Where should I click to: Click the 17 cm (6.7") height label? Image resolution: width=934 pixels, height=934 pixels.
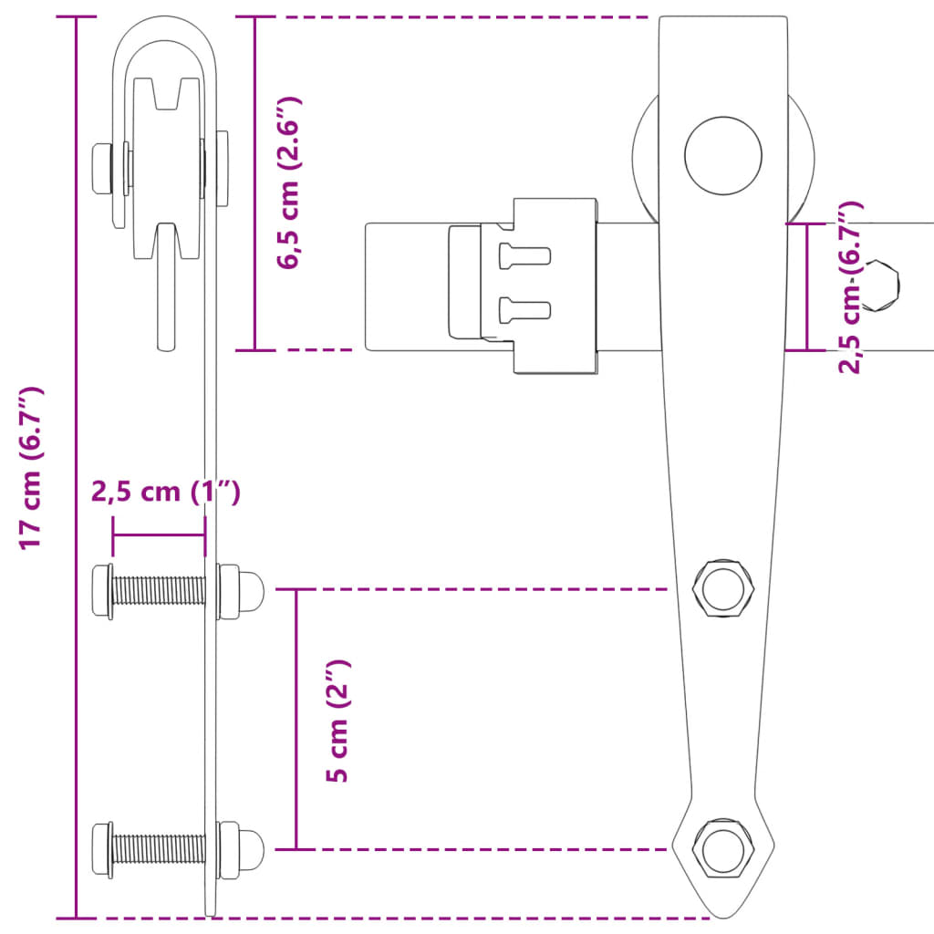(x=33, y=467)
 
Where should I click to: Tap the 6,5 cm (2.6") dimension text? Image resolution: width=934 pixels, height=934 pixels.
(x=290, y=182)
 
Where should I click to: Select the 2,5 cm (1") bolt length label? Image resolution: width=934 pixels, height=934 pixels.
(x=165, y=493)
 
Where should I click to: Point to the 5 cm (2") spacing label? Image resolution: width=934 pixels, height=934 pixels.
(x=338, y=721)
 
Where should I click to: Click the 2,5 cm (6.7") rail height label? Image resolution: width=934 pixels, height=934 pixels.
(x=850, y=288)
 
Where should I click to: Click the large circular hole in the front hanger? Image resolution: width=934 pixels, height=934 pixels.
(x=723, y=154)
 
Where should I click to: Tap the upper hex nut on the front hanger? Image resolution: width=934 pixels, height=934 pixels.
(x=723, y=589)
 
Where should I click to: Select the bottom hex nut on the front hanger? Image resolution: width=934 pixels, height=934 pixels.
(x=723, y=848)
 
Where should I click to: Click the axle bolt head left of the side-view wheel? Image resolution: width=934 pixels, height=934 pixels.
(x=100, y=168)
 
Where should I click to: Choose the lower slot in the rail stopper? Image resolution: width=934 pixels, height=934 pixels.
(x=524, y=310)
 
